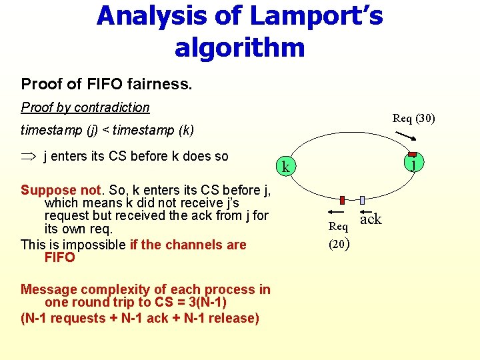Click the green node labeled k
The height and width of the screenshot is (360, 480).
[285, 167]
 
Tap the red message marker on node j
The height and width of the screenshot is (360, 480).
[413, 155]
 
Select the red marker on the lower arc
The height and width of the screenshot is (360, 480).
[342, 200]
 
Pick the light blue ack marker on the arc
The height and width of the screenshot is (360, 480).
[362, 200]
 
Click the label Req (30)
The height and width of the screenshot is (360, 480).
[413, 119]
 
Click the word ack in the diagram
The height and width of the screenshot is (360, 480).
[371, 219]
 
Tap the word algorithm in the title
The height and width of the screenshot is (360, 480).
[239, 47]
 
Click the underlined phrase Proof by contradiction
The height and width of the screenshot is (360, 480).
[85, 107]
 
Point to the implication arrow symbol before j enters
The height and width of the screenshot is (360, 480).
[29, 157]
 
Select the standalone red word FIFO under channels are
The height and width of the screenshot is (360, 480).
[60, 257]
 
